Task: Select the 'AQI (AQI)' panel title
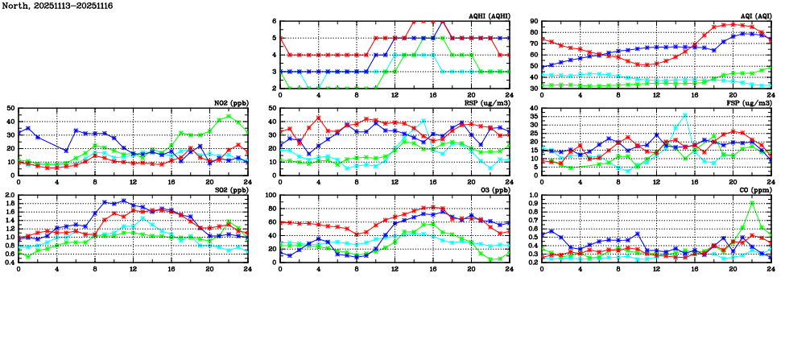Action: coord(754,16)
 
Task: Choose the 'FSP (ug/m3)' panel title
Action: coord(750,103)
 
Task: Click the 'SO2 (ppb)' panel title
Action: coord(229,190)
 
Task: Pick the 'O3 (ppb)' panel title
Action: coord(493,190)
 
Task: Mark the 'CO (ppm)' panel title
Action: coord(754,190)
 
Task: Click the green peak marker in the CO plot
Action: coord(752,203)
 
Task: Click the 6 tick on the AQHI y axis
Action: coord(275,22)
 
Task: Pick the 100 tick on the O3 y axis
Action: coord(271,196)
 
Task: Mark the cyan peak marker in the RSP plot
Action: coord(423,121)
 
